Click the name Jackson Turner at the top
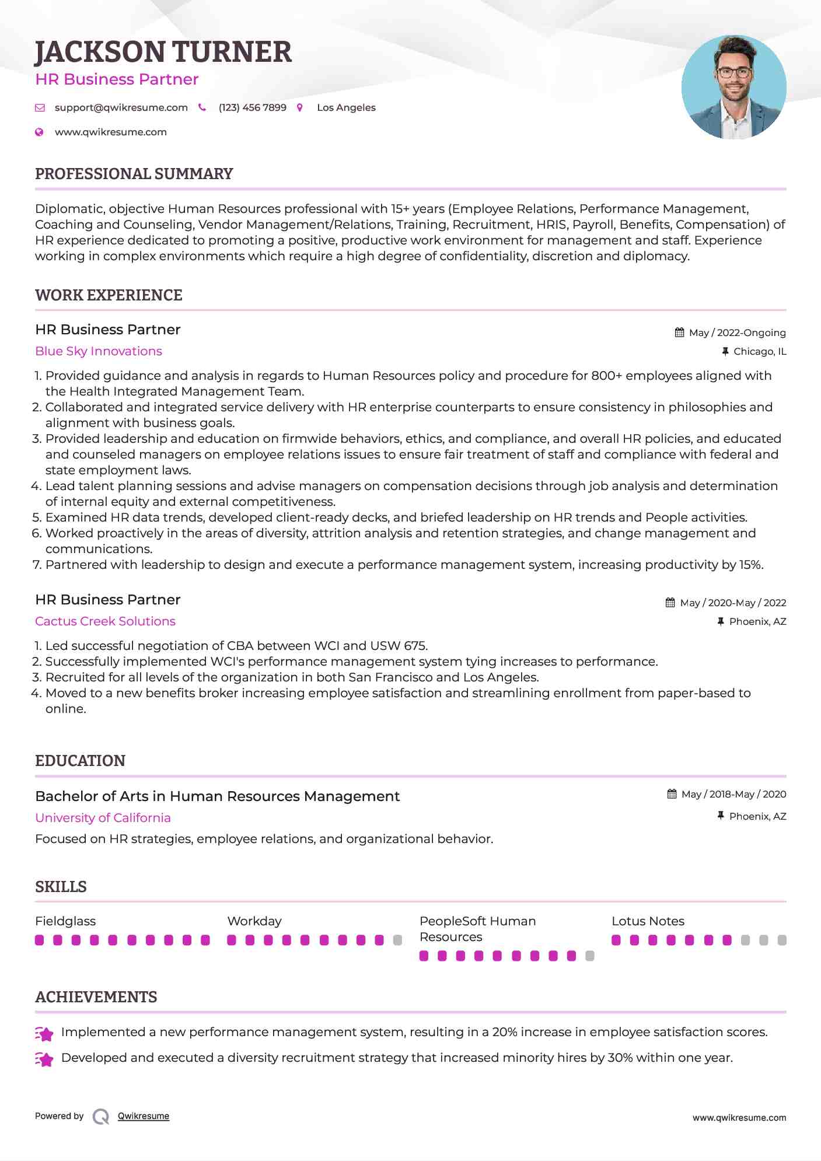coord(163,52)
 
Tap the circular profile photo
coord(733,88)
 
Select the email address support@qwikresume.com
coord(121,107)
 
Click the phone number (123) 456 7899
coord(252,107)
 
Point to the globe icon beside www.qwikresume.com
coord(39,132)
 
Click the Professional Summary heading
coord(134,174)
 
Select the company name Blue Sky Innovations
coord(98,351)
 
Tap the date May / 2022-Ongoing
coord(737,333)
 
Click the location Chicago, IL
coord(760,351)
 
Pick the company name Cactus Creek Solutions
coord(105,621)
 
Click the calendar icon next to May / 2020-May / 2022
coord(670,603)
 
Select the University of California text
coord(103,818)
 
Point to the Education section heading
coord(80,761)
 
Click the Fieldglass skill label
coord(65,921)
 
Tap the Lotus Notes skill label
coord(648,921)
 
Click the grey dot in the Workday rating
coord(398,940)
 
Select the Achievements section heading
coord(96,997)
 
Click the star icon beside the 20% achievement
coord(44,1034)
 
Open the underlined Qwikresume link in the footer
coord(144,1116)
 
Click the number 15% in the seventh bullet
coord(751,565)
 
